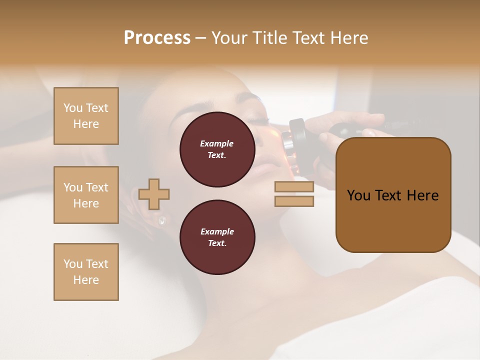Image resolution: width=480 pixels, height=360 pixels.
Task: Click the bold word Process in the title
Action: [x=157, y=38]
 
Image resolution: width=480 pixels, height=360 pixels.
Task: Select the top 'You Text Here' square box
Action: [x=86, y=116]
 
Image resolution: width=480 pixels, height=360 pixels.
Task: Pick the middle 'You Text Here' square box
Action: [x=86, y=195]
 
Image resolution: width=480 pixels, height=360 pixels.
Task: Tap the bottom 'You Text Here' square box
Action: [x=86, y=272]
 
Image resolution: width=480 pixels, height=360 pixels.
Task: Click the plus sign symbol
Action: [x=154, y=194]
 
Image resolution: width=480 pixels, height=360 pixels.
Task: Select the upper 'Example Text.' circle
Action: [x=217, y=149]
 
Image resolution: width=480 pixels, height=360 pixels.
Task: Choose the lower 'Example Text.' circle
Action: [x=217, y=237]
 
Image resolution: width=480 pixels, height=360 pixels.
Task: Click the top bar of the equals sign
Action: [x=294, y=187]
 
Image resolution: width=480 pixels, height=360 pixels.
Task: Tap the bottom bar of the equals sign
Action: [x=294, y=201]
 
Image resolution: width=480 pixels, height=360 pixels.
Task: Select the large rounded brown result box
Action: [x=393, y=195]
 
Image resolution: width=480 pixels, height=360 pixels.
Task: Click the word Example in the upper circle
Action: [x=217, y=143]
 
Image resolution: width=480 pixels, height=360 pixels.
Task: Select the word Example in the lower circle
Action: [x=217, y=231]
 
